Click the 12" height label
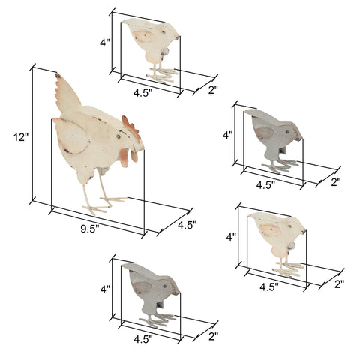pyautogui.click(x=21, y=137)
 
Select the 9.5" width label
pyautogui.click(x=90, y=229)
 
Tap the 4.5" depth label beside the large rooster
pyautogui.click(x=187, y=225)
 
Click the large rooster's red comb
pyautogui.click(x=130, y=129)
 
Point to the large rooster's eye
pyautogui.click(x=118, y=136)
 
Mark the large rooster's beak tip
pyautogui.click(x=143, y=149)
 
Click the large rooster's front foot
pyautogui.click(x=94, y=209)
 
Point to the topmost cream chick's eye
pyautogui.click(x=163, y=32)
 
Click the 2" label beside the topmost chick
pyautogui.click(x=213, y=90)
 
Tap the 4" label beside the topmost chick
pyautogui.click(x=105, y=43)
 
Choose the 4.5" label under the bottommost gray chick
pyautogui.click(x=143, y=339)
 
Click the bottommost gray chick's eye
pyautogui.click(x=165, y=286)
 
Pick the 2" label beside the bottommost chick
pyautogui.click(x=214, y=336)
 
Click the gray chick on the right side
pyautogui.click(x=274, y=141)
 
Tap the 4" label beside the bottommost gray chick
pyautogui.click(x=105, y=289)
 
